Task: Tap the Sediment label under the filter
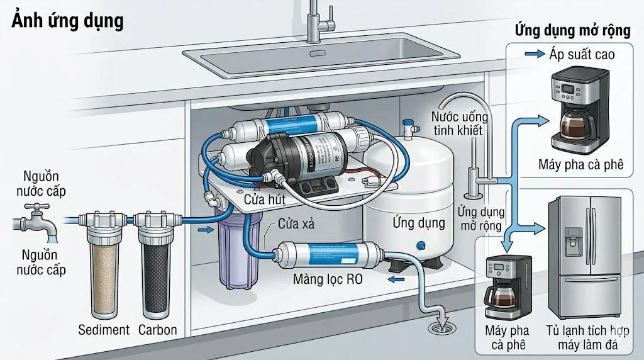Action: (104, 330)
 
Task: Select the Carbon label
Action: (157, 330)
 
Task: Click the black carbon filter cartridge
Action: (155, 274)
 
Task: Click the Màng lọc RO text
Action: (328, 280)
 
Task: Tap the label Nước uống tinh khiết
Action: (457, 123)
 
